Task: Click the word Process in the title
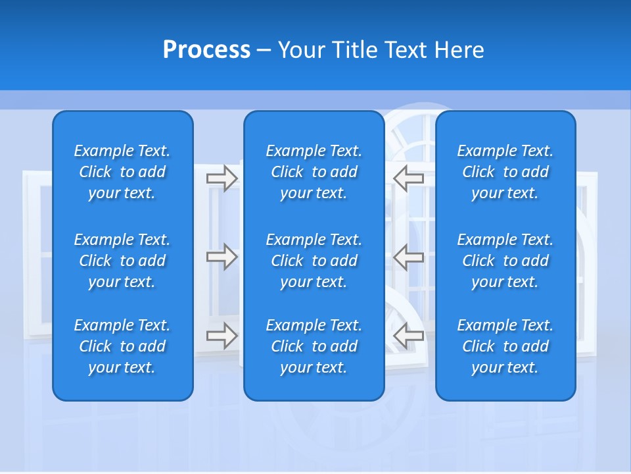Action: click(206, 50)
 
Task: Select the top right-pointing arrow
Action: click(222, 178)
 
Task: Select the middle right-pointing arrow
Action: click(222, 257)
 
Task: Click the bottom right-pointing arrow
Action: click(222, 336)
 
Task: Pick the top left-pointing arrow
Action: click(409, 178)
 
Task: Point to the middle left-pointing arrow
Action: click(409, 257)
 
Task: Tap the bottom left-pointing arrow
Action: click(409, 336)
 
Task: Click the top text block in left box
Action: click(122, 172)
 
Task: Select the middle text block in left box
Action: click(122, 261)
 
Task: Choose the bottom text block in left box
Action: click(122, 346)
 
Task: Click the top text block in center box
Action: click(314, 172)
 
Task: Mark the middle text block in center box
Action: click(314, 261)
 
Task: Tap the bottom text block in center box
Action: click(314, 346)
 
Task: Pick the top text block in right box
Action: click(505, 172)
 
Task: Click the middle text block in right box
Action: click(505, 261)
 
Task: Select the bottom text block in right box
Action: click(505, 346)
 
